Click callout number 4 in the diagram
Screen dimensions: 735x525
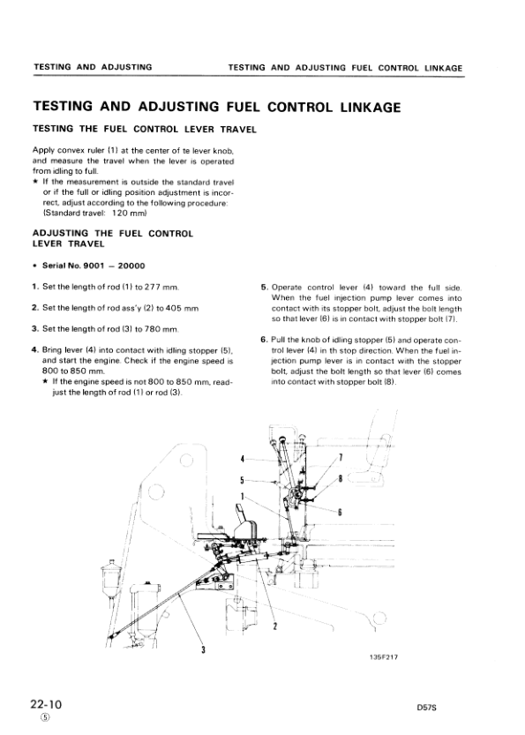(242, 460)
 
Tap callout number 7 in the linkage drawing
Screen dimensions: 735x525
(341, 456)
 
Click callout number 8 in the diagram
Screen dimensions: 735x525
(341, 478)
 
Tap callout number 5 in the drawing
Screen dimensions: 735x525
(242, 480)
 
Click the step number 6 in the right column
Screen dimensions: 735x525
(264, 340)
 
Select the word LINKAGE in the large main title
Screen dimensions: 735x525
(357, 107)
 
